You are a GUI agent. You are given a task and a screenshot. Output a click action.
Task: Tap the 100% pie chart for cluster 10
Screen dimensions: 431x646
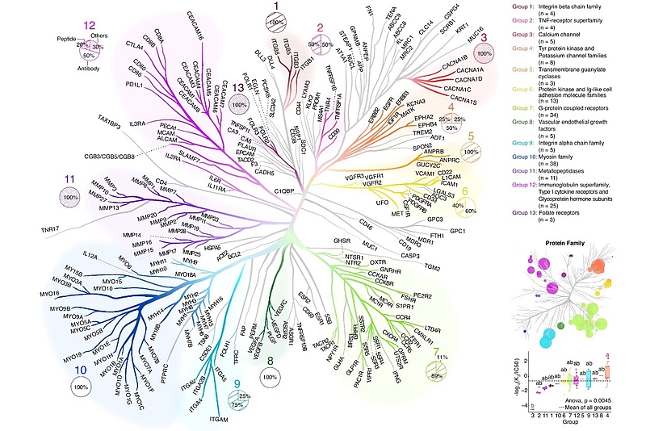(80, 387)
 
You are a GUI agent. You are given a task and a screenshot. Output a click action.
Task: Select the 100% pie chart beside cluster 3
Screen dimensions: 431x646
(484, 53)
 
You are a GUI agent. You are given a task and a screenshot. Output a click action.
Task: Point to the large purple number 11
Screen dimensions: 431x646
(72, 178)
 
